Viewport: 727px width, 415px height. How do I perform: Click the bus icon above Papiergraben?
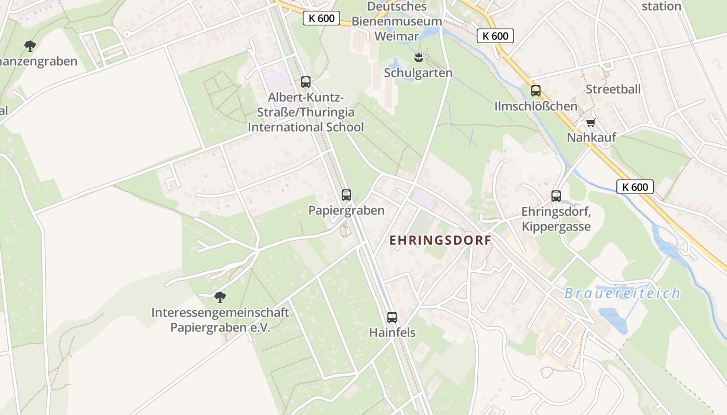[346, 195]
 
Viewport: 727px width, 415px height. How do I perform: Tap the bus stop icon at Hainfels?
[392, 317]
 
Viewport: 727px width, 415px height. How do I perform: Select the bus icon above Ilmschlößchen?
[536, 91]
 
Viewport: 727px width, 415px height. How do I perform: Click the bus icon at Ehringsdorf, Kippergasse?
[556, 196]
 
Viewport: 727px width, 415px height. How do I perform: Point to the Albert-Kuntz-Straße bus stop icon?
[306, 82]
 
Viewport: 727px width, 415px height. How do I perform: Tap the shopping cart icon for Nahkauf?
[590, 123]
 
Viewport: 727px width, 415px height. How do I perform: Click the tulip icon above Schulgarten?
[418, 57]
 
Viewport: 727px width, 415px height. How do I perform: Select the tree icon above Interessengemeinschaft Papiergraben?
[220, 297]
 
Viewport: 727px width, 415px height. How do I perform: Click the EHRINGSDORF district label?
[440, 240]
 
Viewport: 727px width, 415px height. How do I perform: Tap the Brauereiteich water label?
[622, 293]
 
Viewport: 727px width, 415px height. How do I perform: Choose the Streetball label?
[613, 89]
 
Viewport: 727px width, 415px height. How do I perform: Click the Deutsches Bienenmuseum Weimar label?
[397, 21]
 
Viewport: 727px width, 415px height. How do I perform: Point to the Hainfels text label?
[393, 333]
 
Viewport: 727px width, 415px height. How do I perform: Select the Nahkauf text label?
[591, 137]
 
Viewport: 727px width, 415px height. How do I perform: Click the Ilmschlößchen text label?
[536, 106]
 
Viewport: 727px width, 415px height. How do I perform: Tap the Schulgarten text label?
[418, 73]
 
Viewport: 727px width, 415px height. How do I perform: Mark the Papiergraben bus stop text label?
[346, 210]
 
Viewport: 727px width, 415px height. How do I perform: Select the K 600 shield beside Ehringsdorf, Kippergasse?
[635, 187]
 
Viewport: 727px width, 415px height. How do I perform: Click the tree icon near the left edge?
[30, 46]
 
